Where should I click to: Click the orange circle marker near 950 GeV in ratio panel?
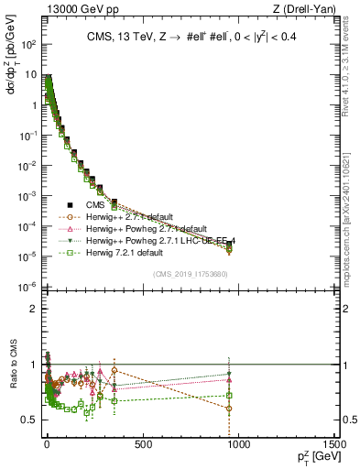click(228, 409)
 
